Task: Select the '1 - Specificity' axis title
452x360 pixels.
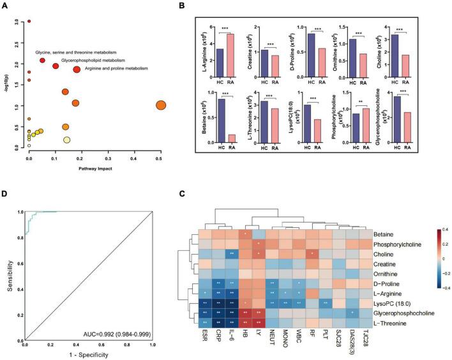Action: click(88, 352)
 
